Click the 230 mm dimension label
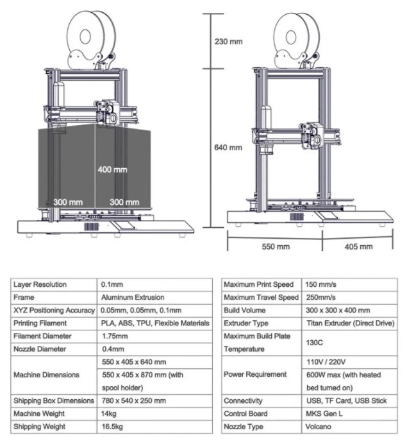[x=228, y=42]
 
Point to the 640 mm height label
[x=228, y=148]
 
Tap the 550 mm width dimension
[x=275, y=246]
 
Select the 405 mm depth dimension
[x=358, y=246]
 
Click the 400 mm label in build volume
[x=112, y=170]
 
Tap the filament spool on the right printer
[x=297, y=39]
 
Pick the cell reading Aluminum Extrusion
[x=133, y=298]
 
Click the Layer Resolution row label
[x=40, y=284]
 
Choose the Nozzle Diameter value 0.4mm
[x=113, y=349]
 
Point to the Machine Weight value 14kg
[x=110, y=414]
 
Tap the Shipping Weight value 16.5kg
[x=114, y=427]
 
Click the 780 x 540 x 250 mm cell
[x=133, y=401]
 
